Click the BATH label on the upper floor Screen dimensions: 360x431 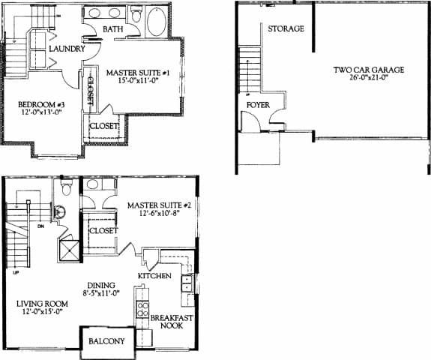click(x=113, y=29)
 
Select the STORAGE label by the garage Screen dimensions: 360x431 click(x=286, y=29)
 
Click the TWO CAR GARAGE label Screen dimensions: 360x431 click(x=369, y=70)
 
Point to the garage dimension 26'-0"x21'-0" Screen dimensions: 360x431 click(x=369, y=78)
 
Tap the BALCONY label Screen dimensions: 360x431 click(x=108, y=340)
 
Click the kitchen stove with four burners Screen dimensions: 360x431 click(x=141, y=309)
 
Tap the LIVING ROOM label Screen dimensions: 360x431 click(x=42, y=304)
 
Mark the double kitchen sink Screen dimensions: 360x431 click(x=187, y=283)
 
